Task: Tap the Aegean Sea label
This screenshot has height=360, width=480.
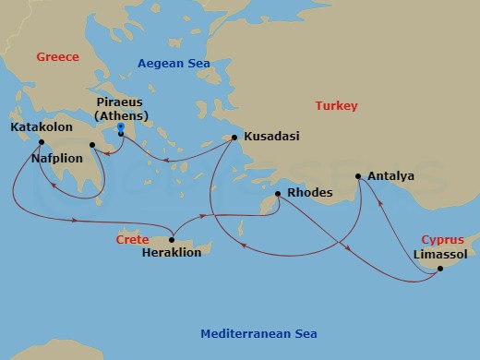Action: coord(174,64)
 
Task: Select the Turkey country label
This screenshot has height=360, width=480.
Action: coord(336,106)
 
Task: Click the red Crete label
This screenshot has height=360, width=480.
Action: coord(131,239)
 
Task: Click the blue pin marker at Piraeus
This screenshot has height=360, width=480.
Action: coord(121,131)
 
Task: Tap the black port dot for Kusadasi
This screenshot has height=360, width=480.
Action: coord(234,138)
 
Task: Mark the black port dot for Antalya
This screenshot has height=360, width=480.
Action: coord(358,175)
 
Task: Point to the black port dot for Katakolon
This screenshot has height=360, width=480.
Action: coord(42,141)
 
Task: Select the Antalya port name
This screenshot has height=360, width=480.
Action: coord(390,175)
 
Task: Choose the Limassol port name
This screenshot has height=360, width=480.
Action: coord(440,253)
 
